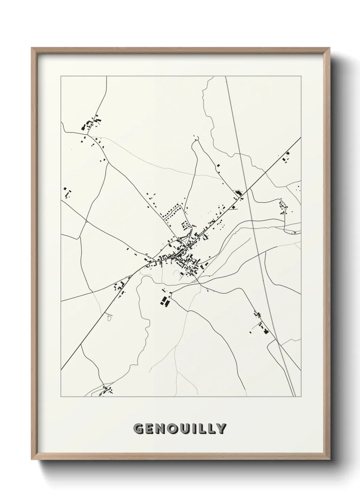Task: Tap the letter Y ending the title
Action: [x=220, y=429]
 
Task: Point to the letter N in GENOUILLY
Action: [x=160, y=429]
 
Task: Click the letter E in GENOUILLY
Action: [x=149, y=429]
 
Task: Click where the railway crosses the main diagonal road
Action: [x=247, y=189]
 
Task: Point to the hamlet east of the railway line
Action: [x=283, y=207]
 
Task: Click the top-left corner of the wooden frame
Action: [x=32, y=48]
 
